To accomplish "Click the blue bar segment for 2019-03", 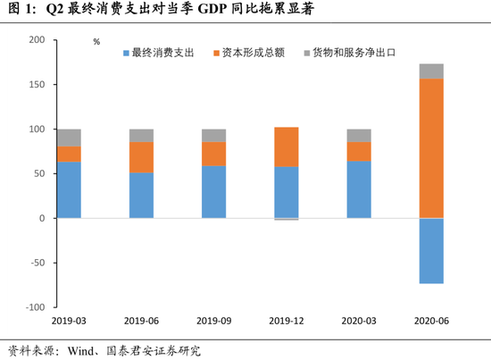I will coord(69,189).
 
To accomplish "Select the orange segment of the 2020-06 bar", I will coord(431,148).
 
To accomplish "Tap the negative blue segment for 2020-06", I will coord(431,250).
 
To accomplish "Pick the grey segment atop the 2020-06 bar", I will coord(431,71).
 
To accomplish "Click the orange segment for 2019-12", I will coord(287,147).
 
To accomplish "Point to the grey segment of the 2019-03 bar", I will coord(69,138).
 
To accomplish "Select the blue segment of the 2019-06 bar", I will coord(141,195).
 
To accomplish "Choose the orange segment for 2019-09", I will coord(213,154).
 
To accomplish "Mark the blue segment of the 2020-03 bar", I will coord(359,189).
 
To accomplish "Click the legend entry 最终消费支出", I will coord(162,54).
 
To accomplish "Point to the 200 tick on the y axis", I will coord(35,40).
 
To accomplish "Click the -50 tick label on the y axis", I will coord(35,263).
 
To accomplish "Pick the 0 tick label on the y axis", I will coord(40,218).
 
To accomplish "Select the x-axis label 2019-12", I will coord(287,320).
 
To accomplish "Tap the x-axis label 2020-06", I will coord(431,320).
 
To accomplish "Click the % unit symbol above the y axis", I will coord(96,41).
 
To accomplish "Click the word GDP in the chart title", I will coord(227,11).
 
